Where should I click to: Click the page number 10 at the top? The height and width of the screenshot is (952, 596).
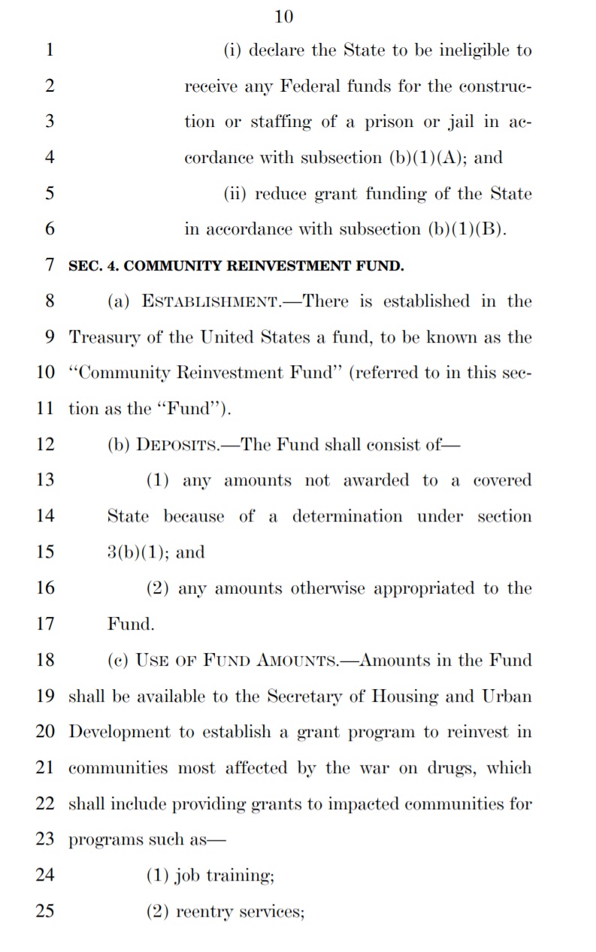point(284,16)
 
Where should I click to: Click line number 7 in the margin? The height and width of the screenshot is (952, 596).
point(50,265)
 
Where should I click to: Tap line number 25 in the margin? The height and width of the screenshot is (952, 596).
point(45,911)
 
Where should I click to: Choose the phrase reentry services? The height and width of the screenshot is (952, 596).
point(240,911)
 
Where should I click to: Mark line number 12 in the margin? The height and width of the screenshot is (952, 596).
point(45,445)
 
